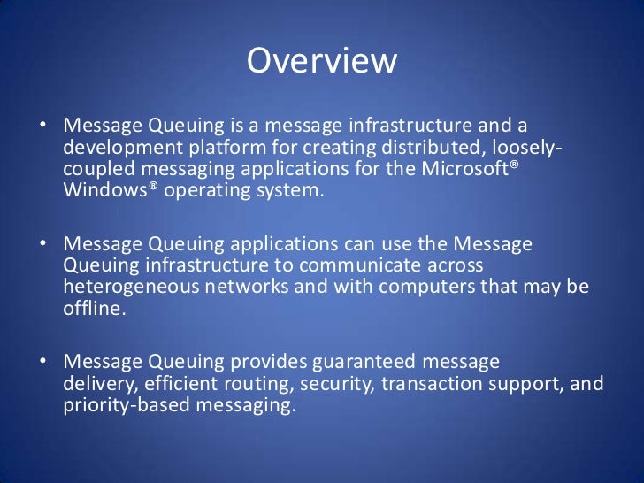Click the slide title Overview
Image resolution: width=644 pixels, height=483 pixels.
point(322,61)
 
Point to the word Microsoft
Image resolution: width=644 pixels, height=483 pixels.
point(465,168)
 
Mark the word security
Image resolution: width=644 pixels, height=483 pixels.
point(333,384)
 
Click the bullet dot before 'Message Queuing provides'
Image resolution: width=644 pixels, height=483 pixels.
point(42,363)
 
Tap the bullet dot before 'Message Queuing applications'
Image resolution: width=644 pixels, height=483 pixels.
point(42,243)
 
